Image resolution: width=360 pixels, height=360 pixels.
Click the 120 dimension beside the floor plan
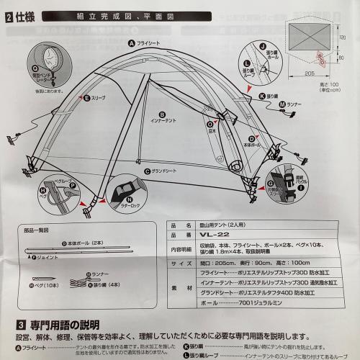343,37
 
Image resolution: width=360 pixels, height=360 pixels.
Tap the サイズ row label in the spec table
181,264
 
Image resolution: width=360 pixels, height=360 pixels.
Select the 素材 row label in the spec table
181,289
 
